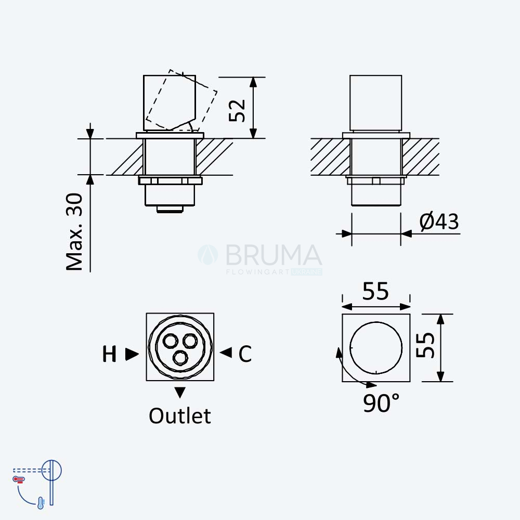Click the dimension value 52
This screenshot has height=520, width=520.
[237, 110]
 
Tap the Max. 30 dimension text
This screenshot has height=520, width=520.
[74, 232]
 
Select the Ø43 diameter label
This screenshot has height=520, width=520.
[439, 222]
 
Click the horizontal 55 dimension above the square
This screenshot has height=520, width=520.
[375, 291]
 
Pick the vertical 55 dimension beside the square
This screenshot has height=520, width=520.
[425, 345]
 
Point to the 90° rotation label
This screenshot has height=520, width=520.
[381, 402]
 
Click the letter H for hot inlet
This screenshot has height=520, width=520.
[109, 354]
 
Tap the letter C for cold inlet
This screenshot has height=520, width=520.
[245, 354]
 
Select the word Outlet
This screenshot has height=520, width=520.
[180, 415]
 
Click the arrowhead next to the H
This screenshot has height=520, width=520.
[132, 354]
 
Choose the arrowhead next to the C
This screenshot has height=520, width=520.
[226, 352]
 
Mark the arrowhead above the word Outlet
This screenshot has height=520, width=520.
[180, 393]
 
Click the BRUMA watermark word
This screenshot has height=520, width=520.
[274, 255]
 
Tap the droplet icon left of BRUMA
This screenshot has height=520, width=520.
[208, 255]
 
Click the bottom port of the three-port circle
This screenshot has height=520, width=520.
[180, 358]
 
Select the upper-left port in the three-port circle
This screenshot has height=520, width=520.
[170, 341]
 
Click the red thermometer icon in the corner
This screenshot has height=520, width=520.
[19, 479]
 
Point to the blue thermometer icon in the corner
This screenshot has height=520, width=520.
[41, 503]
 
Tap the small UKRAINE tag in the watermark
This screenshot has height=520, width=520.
[306, 272]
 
